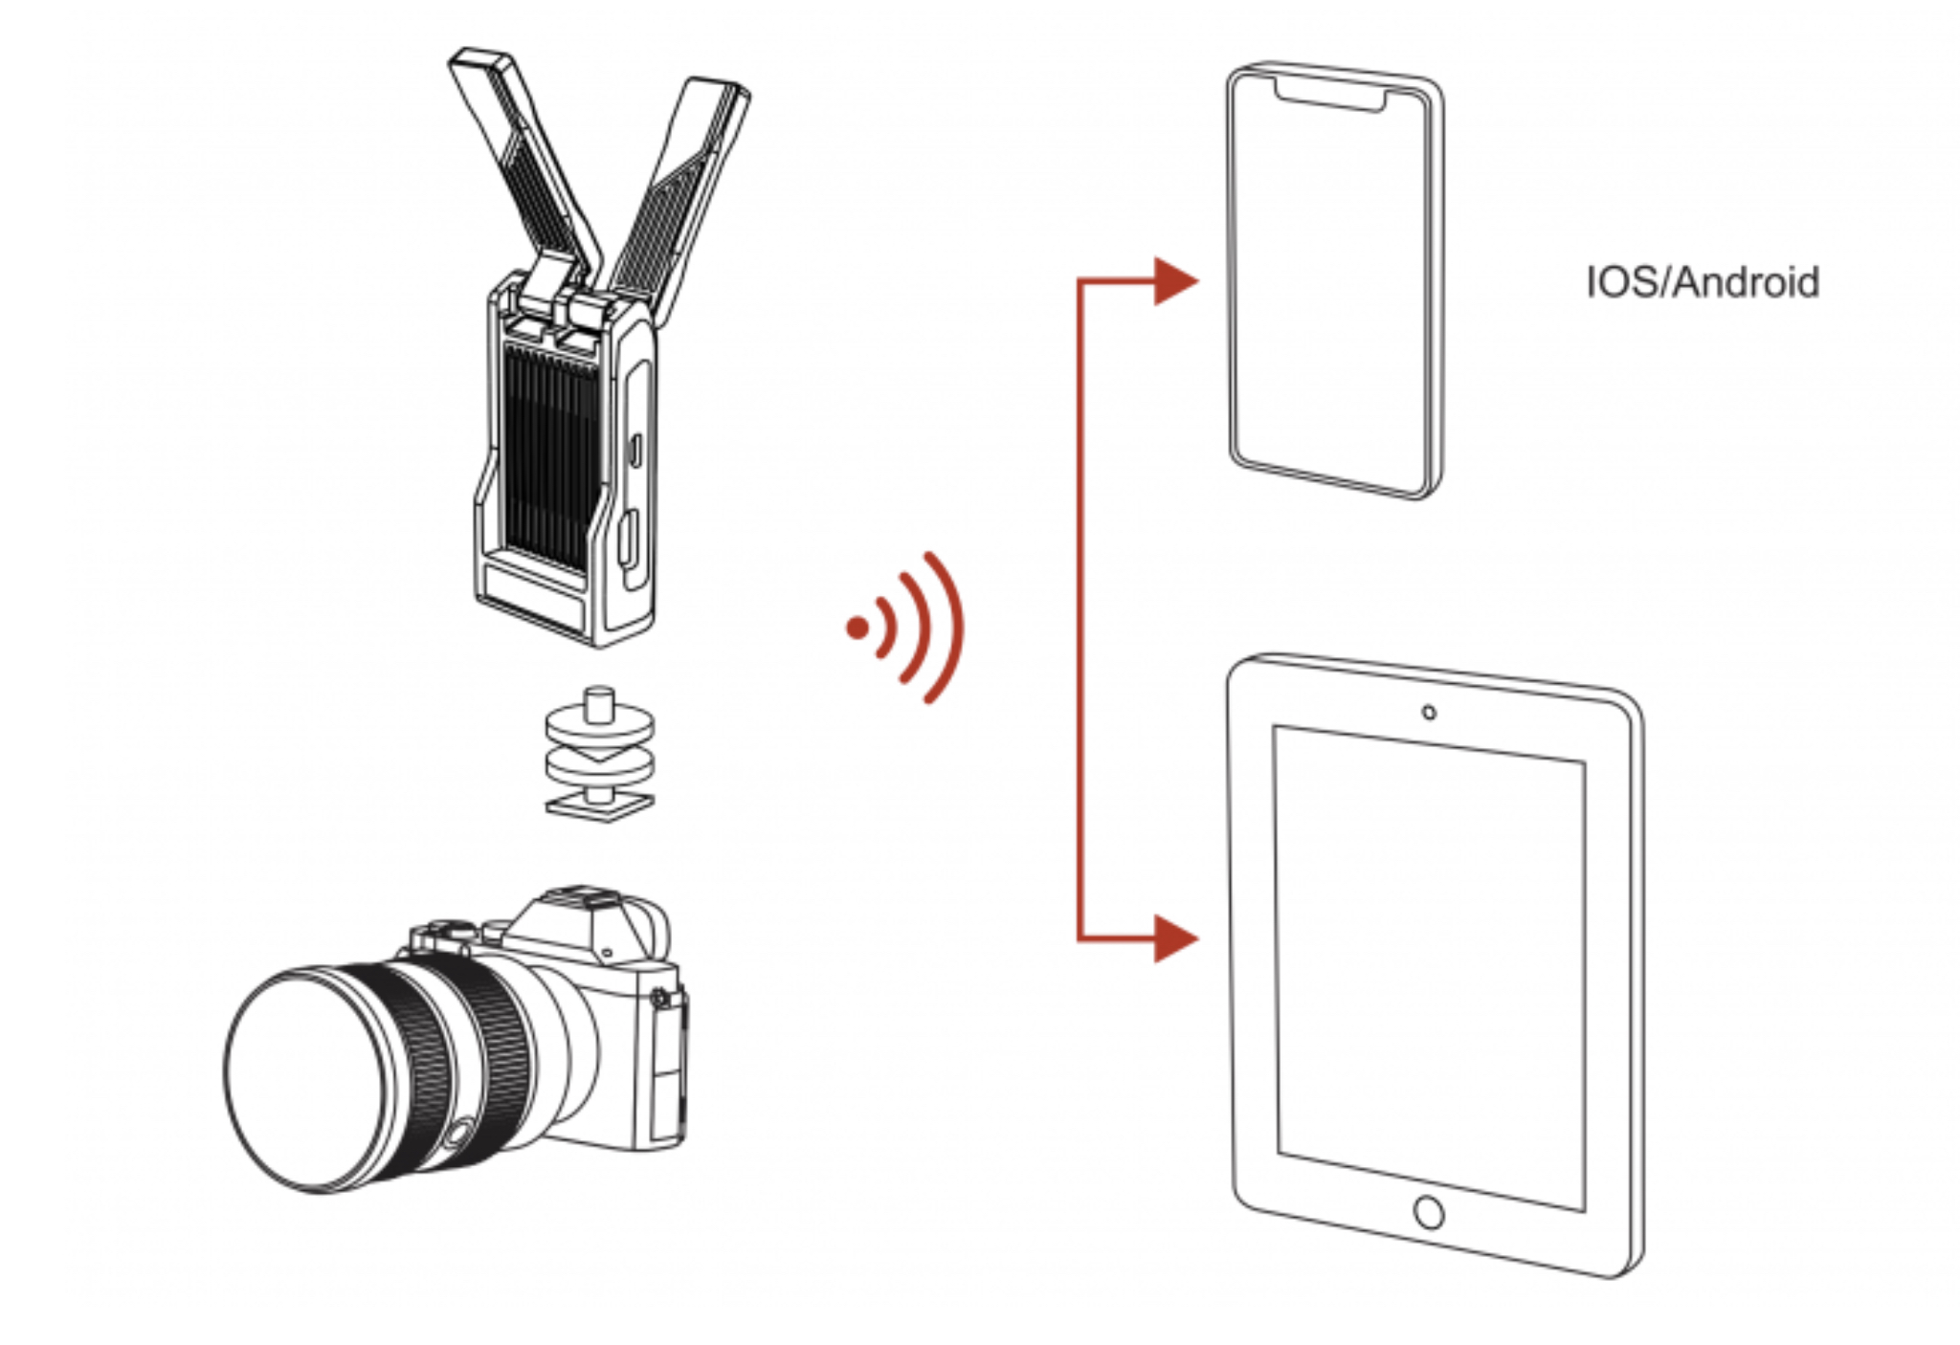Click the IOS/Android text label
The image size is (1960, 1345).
[1702, 282]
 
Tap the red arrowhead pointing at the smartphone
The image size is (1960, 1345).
[1173, 281]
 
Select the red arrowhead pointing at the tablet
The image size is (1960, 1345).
[1173, 938]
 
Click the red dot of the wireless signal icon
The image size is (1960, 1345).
[857, 628]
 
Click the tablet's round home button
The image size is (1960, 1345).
[1429, 1212]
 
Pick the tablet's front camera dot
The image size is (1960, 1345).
[1429, 713]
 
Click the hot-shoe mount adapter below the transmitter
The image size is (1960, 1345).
[600, 756]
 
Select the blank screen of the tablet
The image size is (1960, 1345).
[1429, 966]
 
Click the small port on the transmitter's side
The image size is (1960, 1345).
[635, 450]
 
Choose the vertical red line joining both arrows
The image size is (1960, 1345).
[1080, 612]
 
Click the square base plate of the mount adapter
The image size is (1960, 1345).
[600, 806]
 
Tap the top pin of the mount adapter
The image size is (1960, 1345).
[600, 702]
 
